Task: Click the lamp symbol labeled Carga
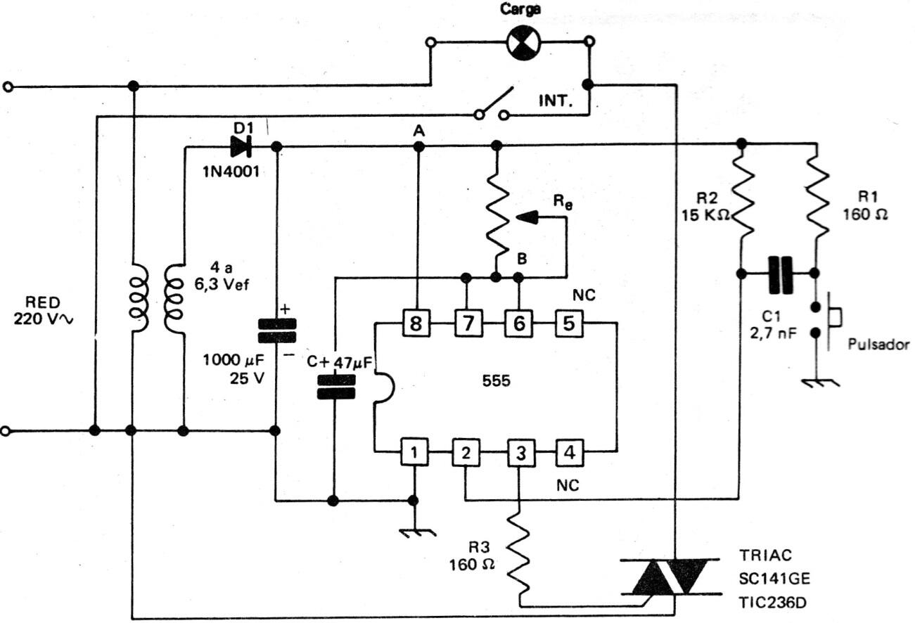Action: pyautogui.click(x=523, y=44)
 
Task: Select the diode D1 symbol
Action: pyautogui.click(x=241, y=147)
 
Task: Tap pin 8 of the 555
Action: pyautogui.click(x=418, y=323)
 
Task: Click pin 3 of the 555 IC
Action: pyautogui.click(x=519, y=452)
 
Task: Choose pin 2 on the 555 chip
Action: pyautogui.click(x=465, y=452)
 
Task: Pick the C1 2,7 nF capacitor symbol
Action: pyautogui.click(x=779, y=274)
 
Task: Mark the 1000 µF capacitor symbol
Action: pyautogui.click(x=276, y=330)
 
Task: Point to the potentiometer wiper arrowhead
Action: pyautogui.click(x=527, y=218)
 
